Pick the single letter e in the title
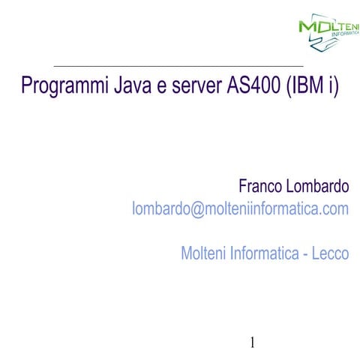click(161, 87)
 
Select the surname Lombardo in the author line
click(317, 185)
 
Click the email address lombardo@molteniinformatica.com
click(240, 209)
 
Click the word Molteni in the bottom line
click(204, 253)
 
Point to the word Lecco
click(331, 253)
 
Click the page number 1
click(253, 343)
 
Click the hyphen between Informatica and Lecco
click(305, 255)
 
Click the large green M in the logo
click(308, 27)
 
